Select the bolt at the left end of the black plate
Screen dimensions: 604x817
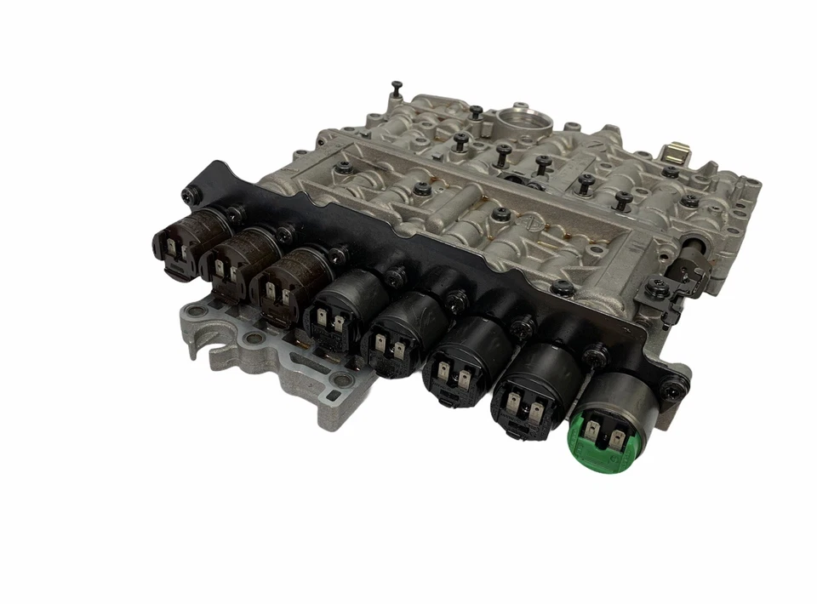pyautogui.click(x=188, y=197)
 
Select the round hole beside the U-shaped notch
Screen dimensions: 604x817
pyautogui.click(x=253, y=339)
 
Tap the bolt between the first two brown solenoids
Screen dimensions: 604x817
pyautogui.click(x=231, y=215)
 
